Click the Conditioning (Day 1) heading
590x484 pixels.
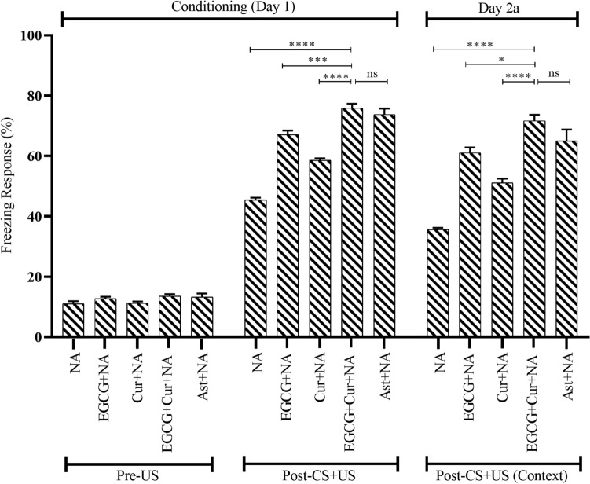229,6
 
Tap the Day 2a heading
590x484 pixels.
504,6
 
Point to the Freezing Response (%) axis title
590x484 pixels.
9,186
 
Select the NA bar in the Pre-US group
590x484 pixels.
73,320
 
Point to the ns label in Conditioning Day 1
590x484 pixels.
372,74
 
